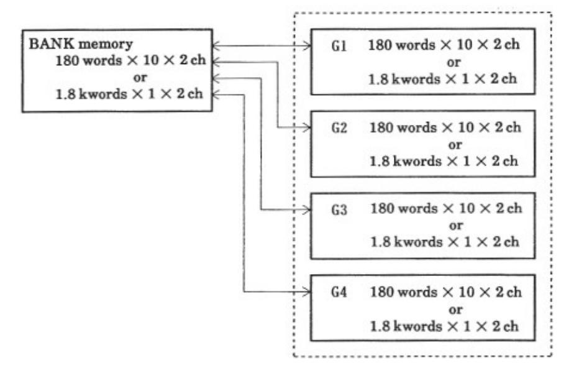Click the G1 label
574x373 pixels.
[339, 46]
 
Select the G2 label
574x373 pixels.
[339, 127]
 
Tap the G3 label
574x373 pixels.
[339, 209]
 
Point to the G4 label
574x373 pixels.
[339, 291]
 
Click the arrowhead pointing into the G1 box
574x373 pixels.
[306, 45]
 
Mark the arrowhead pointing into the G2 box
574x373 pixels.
[306, 127]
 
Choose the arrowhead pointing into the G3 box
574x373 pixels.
[306, 210]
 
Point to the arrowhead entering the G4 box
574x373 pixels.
[306, 291]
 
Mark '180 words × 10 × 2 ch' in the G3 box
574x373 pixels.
[445, 209]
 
